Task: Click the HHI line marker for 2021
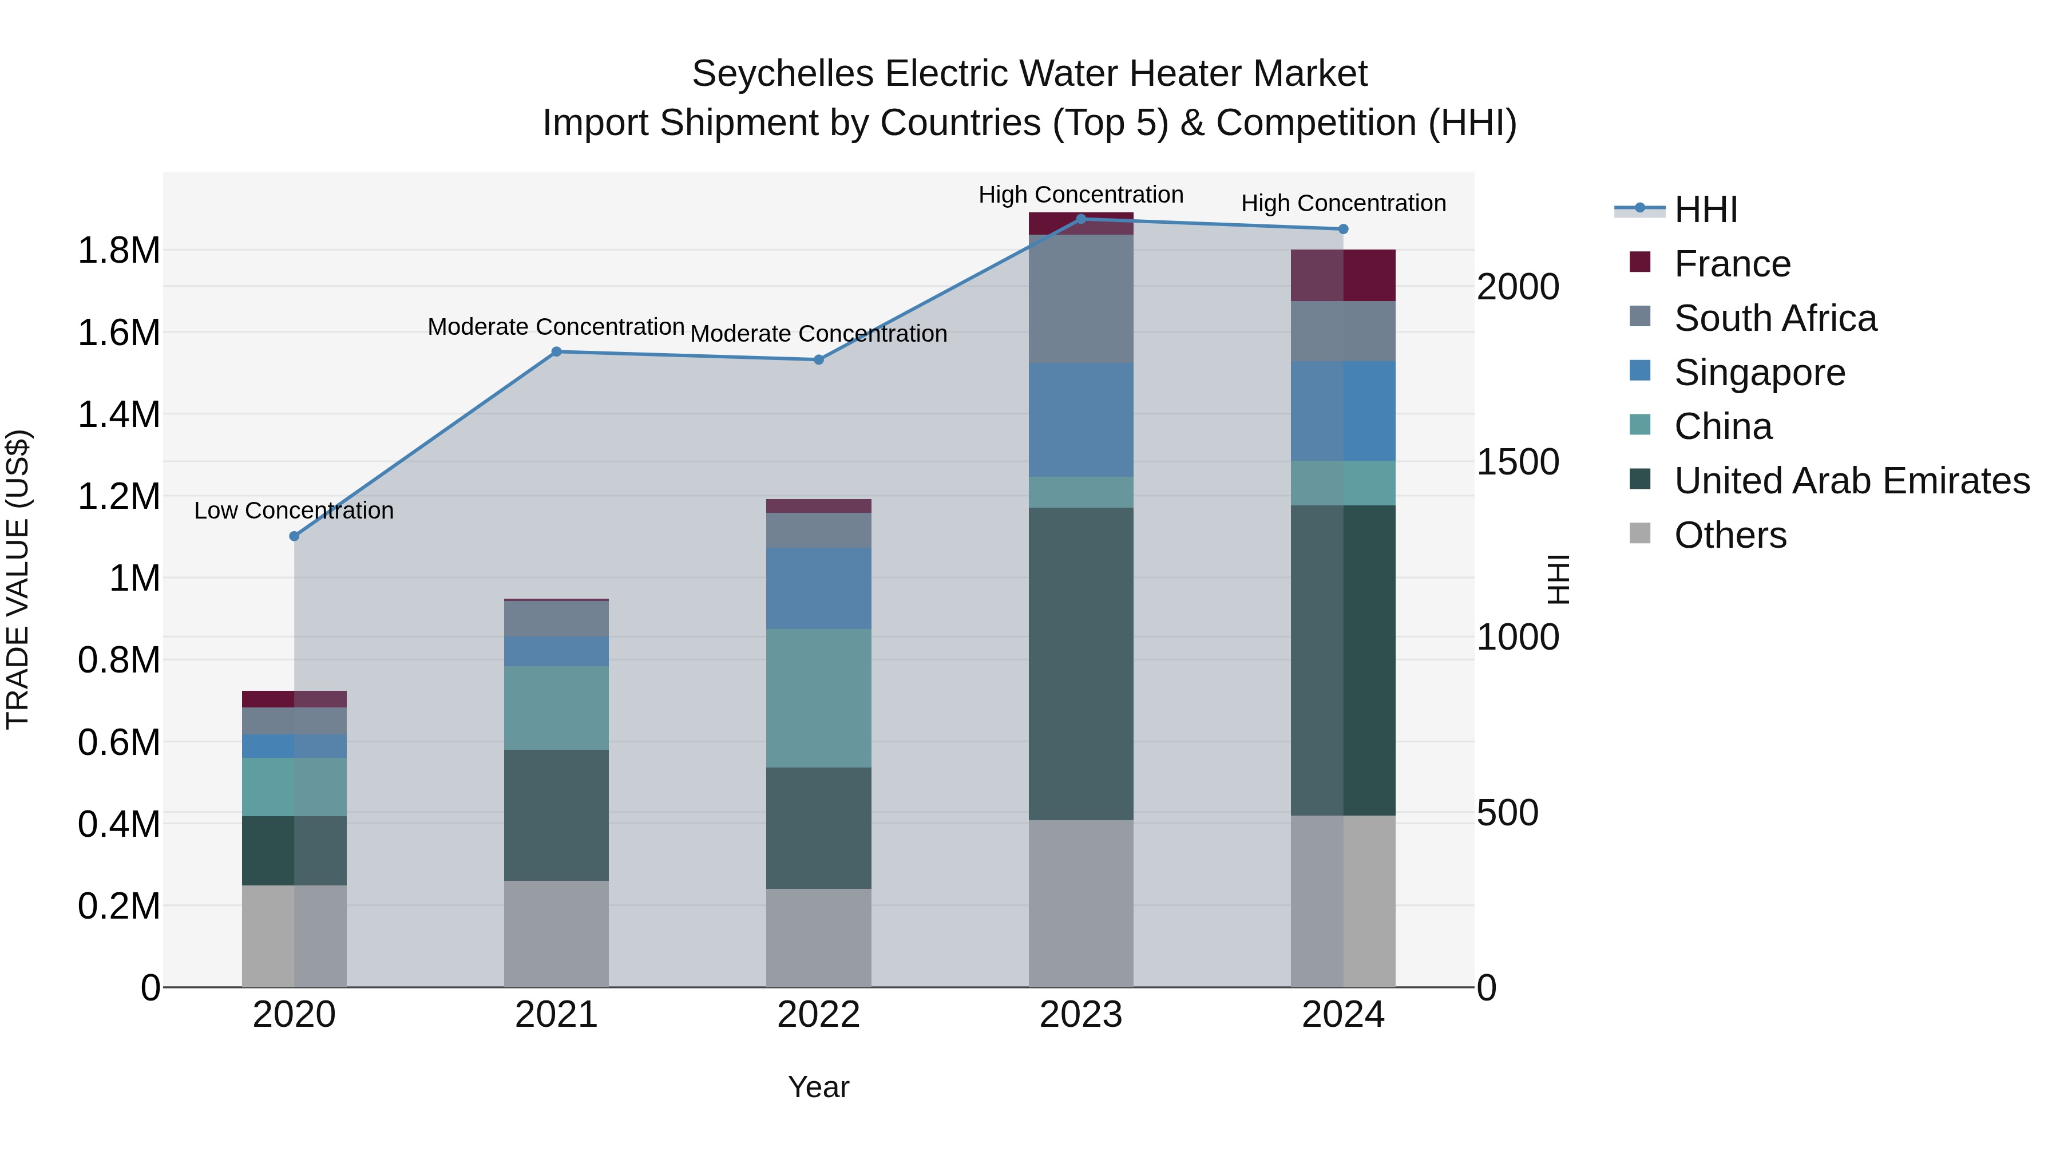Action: [557, 352]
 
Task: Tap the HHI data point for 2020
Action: [294, 536]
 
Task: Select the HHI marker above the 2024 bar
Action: [1342, 230]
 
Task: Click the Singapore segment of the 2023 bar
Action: [1080, 420]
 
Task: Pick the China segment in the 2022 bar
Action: [818, 698]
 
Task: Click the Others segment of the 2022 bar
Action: [818, 938]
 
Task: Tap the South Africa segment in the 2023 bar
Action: [1080, 298]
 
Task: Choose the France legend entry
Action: [1732, 264]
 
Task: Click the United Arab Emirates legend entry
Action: [1851, 481]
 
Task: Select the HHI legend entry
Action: [1705, 209]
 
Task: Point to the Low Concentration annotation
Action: [294, 511]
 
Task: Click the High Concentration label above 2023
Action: [1080, 195]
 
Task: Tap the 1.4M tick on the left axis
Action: [118, 414]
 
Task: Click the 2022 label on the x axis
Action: [818, 1015]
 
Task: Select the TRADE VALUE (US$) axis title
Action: [18, 579]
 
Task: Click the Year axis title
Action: [818, 1087]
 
